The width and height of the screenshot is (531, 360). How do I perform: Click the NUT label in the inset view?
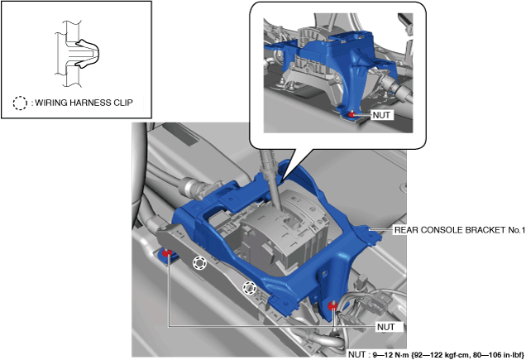click(x=381, y=115)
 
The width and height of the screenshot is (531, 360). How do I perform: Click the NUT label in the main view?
click(x=385, y=327)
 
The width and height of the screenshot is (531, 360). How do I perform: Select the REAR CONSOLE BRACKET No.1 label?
click(x=460, y=230)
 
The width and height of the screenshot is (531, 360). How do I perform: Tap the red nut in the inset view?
click(x=352, y=114)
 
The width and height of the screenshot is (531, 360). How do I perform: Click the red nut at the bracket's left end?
click(x=166, y=252)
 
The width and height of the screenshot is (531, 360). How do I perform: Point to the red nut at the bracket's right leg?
click(x=332, y=306)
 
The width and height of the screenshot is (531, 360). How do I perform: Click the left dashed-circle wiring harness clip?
click(x=200, y=263)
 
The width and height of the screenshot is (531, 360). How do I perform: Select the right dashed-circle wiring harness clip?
click(x=249, y=288)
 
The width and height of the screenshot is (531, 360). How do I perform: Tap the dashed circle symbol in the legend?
click(x=20, y=103)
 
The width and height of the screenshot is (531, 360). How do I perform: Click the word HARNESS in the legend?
click(x=91, y=103)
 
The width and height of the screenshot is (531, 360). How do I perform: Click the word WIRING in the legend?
click(x=51, y=103)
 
